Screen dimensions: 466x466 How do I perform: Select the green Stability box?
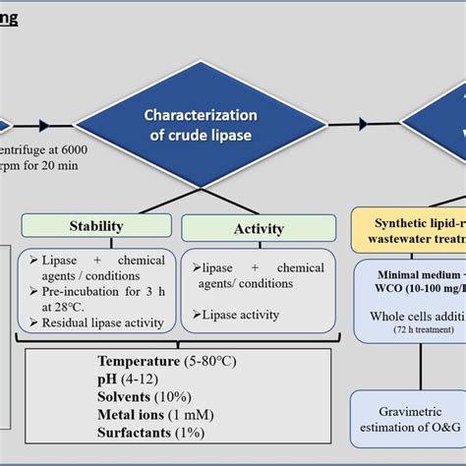click(95, 226)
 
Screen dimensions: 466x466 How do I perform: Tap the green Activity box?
click(258, 228)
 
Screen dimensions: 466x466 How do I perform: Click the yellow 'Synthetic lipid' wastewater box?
click(408, 228)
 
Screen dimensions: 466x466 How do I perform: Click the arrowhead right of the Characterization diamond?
click(363, 124)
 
